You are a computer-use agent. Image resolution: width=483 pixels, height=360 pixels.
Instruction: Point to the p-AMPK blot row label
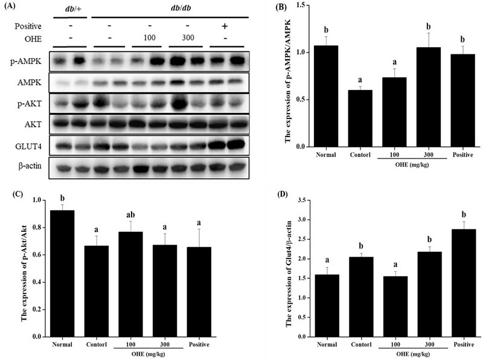(x=31, y=62)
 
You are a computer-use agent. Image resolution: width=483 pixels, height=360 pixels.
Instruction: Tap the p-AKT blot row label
(x=31, y=103)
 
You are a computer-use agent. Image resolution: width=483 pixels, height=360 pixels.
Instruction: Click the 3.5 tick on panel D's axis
(x=296, y=200)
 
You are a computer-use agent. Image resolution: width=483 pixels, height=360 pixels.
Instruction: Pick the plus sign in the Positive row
(x=225, y=27)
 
